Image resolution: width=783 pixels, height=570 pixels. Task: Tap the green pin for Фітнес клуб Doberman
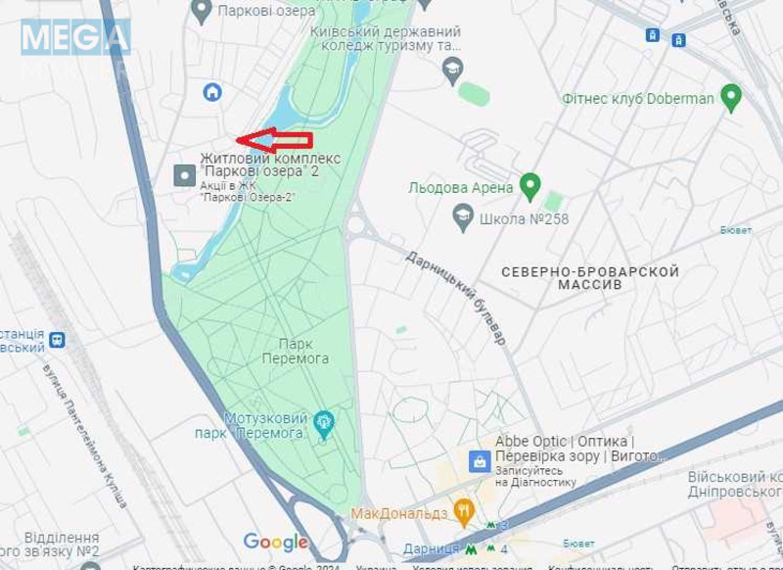[730, 97]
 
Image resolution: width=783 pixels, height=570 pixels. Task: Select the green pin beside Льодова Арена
[530, 185]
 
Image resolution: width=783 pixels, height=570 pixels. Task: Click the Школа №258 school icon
[463, 217]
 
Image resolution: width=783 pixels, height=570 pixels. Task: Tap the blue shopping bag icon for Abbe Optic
[480, 460]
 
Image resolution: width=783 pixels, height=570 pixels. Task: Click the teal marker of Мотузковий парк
[324, 424]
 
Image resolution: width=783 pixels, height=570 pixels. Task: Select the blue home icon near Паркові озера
[212, 92]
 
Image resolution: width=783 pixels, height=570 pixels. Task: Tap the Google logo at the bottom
[276, 542]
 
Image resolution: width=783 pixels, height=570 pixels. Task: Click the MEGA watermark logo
[75, 37]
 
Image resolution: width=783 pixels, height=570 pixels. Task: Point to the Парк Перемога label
[295, 352]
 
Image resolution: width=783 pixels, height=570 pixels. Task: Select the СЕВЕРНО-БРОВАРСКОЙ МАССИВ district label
[589, 277]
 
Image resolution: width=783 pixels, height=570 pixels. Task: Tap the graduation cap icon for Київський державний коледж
[452, 69]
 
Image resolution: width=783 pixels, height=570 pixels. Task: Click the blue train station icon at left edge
[57, 340]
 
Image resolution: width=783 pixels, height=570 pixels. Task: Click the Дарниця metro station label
[431, 549]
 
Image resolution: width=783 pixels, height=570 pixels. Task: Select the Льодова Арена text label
[461, 188]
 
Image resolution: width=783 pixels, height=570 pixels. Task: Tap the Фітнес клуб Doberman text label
[638, 99]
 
